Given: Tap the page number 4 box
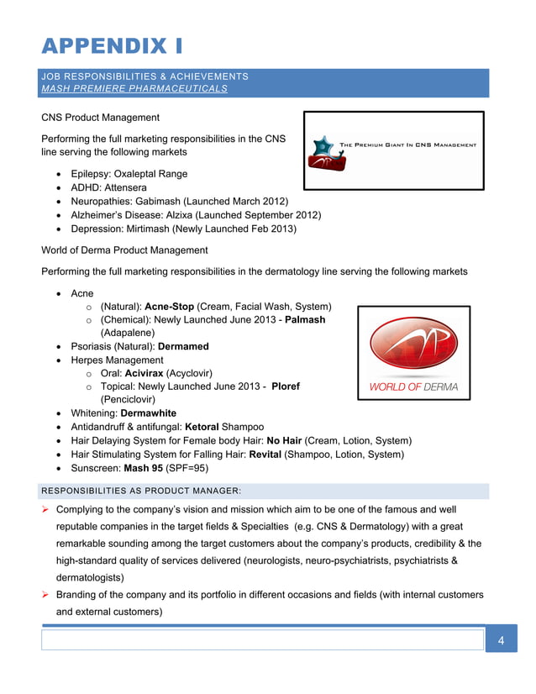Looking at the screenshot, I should [x=501, y=641].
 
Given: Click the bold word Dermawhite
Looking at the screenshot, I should [x=149, y=413].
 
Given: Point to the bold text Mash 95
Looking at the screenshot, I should [x=143, y=468].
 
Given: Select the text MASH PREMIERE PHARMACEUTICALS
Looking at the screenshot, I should [x=134, y=89].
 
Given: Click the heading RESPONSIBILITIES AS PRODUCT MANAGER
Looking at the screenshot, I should [x=141, y=490].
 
